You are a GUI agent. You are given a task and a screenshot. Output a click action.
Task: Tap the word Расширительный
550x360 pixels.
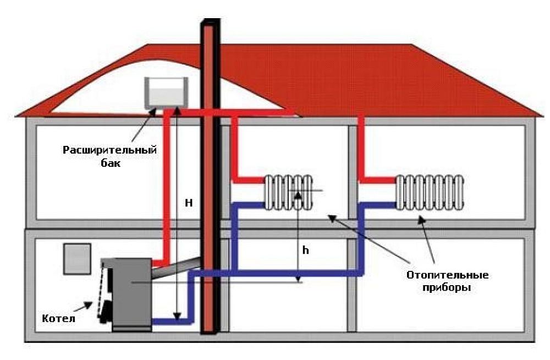[x=110, y=150]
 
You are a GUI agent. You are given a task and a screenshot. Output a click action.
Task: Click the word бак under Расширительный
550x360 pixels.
[x=110, y=163]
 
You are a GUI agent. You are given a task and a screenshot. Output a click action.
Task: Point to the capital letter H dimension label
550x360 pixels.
[x=189, y=203]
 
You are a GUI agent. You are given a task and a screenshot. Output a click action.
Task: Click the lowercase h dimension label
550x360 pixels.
[x=306, y=250]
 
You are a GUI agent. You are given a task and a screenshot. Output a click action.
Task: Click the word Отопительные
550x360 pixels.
[x=447, y=275]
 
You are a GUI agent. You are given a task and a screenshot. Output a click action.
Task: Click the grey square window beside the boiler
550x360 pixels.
[x=76, y=259]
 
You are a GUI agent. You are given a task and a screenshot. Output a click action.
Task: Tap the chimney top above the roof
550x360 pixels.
[x=211, y=25]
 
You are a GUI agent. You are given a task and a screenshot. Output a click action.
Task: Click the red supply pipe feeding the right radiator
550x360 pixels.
[x=361, y=149]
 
